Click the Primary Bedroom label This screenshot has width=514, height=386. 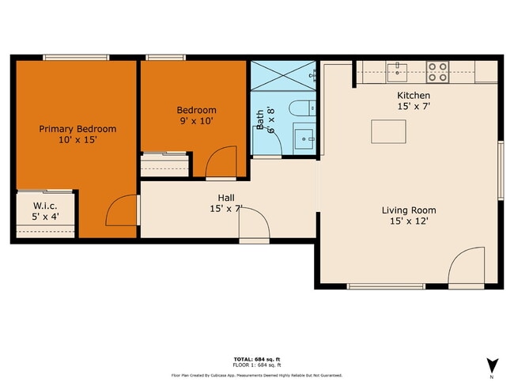[77, 129]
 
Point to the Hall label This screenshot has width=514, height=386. [226, 198]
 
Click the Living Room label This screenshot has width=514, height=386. [409, 210]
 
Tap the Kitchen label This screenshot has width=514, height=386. [414, 95]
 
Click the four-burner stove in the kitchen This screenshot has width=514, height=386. [437, 73]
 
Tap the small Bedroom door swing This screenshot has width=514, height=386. [220, 162]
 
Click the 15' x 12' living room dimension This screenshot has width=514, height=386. [409, 223]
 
